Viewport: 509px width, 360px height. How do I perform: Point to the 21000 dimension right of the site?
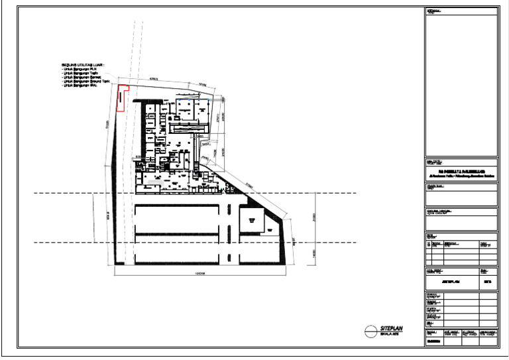(314, 217)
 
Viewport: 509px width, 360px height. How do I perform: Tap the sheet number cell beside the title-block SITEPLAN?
(488, 282)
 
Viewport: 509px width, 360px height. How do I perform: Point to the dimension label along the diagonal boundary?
(250, 185)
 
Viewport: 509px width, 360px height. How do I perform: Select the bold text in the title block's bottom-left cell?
(434, 342)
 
